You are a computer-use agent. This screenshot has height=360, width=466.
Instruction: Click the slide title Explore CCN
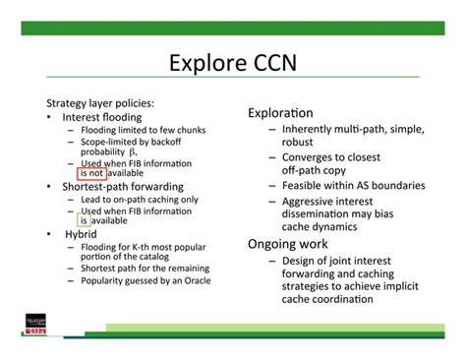tap(232, 64)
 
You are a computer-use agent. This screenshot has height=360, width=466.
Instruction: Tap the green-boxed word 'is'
tap(85, 220)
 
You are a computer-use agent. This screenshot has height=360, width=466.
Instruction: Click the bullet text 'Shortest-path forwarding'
tap(122, 186)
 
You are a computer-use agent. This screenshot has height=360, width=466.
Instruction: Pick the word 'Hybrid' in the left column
tap(82, 234)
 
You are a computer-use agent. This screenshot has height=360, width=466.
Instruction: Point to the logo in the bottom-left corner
tap(38, 326)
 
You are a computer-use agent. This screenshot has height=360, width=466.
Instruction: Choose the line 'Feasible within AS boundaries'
tap(353, 185)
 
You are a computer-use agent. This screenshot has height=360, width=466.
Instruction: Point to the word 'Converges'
tap(311, 156)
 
